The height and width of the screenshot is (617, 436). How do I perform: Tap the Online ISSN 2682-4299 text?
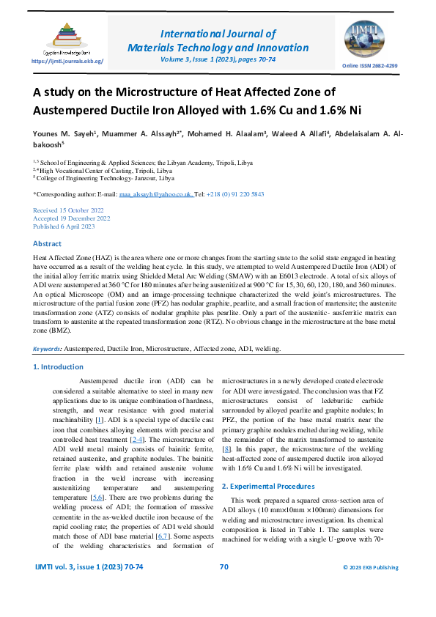point(370,66)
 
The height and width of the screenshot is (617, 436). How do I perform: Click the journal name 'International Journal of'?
point(218,33)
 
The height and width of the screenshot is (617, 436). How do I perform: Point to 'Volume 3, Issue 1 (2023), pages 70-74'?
point(218,59)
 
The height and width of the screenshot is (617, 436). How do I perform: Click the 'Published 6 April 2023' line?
point(64,226)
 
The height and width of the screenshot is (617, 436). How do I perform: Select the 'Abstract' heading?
point(48,243)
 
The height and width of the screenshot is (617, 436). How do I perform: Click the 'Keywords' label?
point(47,349)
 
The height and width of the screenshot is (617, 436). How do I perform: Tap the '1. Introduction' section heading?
point(64,366)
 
